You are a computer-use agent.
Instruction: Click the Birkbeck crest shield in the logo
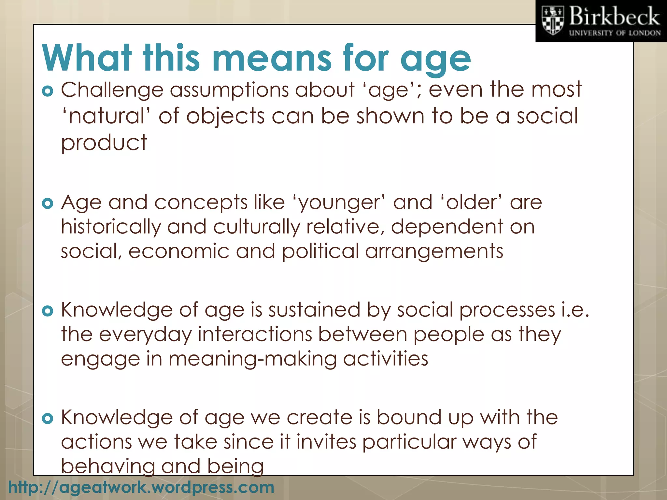tap(552, 21)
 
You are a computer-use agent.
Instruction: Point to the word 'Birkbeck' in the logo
tap(615, 17)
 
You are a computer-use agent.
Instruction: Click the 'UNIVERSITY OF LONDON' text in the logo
tap(615, 33)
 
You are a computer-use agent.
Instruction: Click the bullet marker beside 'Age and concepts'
tap(48, 204)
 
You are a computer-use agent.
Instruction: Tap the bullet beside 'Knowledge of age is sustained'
tap(48, 311)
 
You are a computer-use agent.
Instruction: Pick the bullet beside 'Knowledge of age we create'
tap(48, 419)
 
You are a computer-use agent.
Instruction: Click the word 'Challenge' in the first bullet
tap(112, 90)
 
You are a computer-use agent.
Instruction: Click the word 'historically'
tap(111, 227)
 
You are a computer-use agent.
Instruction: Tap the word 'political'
tap(320, 251)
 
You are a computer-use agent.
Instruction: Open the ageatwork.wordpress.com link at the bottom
tap(141, 487)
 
